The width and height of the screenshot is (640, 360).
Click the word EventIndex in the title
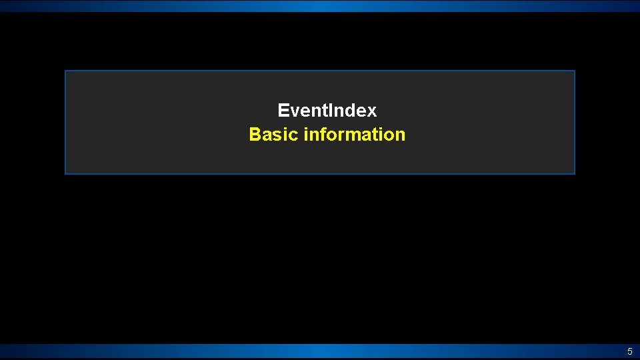tap(327, 110)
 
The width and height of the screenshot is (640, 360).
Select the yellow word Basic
tap(273, 135)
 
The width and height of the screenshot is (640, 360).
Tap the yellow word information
tap(354, 135)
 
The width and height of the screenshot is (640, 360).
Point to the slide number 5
tap(629, 351)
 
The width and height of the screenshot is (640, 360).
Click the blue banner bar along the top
tap(320, 6)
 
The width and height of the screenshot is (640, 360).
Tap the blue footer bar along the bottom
tap(320, 351)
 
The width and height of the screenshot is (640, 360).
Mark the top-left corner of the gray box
tap(65, 71)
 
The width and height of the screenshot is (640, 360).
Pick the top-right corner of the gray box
tap(574, 71)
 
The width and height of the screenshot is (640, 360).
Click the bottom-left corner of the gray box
tap(65, 173)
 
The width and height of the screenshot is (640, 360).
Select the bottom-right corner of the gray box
tap(574, 173)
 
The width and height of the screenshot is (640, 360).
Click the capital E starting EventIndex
tap(283, 110)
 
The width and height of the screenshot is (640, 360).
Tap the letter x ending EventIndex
tap(372, 111)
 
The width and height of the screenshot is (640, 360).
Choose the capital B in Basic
tap(255, 135)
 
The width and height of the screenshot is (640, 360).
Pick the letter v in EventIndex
tap(294, 111)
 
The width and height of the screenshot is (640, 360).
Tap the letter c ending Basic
tap(294, 135)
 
